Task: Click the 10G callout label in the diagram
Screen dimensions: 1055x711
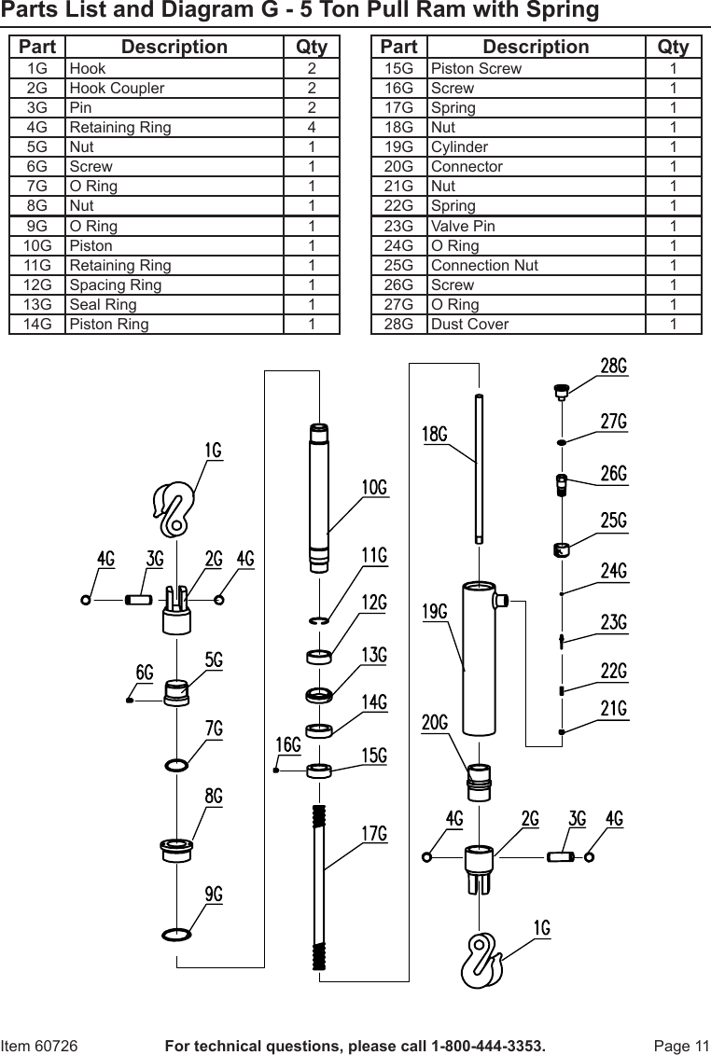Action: click(x=374, y=487)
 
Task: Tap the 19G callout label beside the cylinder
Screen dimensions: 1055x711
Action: click(x=435, y=612)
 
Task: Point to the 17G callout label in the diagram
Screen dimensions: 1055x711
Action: click(x=374, y=833)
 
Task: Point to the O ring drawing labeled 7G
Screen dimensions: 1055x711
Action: click(x=176, y=766)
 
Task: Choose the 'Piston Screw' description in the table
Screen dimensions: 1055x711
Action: click(x=476, y=68)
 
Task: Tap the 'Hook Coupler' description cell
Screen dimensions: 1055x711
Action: click(x=117, y=88)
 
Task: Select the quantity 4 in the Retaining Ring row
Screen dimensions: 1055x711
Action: click(x=312, y=127)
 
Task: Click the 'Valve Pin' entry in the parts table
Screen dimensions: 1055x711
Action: click(x=463, y=226)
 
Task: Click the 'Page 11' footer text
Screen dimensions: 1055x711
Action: click(x=681, y=1046)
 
